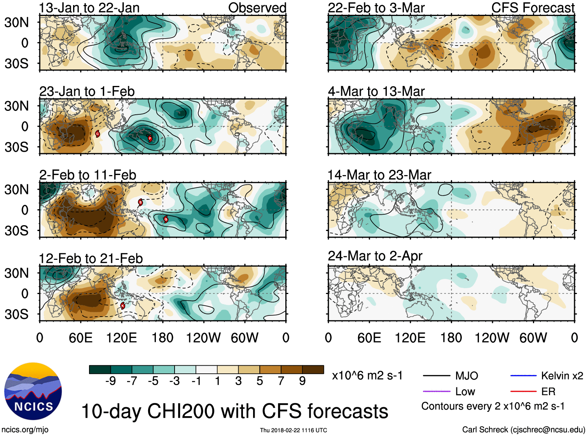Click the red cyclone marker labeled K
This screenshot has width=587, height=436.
(122, 306)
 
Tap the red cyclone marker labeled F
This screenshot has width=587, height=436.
(150, 138)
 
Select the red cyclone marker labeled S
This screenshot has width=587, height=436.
(140, 202)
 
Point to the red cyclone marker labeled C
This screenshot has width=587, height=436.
(98, 134)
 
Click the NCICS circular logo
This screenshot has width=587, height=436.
(33, 391)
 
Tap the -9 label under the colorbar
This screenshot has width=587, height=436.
(110, 381)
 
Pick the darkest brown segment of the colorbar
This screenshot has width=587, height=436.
(313, 369)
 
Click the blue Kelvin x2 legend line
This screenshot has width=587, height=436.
(523, 376)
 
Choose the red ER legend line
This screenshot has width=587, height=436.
(523, 392)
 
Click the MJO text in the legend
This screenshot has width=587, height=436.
(466, 376)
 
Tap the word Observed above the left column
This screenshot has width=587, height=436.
(257, 8)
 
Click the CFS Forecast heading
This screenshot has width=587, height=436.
(533, 8)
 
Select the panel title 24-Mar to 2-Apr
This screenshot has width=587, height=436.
(375, 256)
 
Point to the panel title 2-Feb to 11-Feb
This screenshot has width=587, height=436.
(88, 175)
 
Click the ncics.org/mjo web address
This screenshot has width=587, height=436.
(25, 429)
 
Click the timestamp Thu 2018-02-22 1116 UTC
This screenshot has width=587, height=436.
(293, 430)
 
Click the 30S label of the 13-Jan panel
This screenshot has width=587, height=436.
(16, 63)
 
